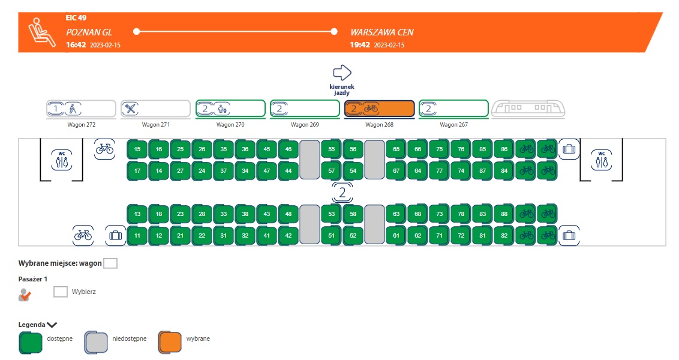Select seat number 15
pos(137,149)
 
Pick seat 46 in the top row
pos(289,149)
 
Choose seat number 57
pos(332,170)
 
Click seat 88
pos(504,214)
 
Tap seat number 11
pos(137,235)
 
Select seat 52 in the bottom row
pos(353,235)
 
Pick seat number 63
pos(396,214)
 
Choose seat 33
pos(224,214)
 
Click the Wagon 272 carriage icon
pos(82,109)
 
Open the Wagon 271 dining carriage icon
pos(156,109)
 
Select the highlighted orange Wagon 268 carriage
pos(379,109)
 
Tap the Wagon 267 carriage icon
pos(453,109)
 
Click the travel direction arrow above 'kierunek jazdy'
pos(342,73)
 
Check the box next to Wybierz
pos(61,292)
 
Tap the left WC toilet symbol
pos(61,159)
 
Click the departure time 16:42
pos(76,45)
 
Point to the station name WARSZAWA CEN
pos(381,32)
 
